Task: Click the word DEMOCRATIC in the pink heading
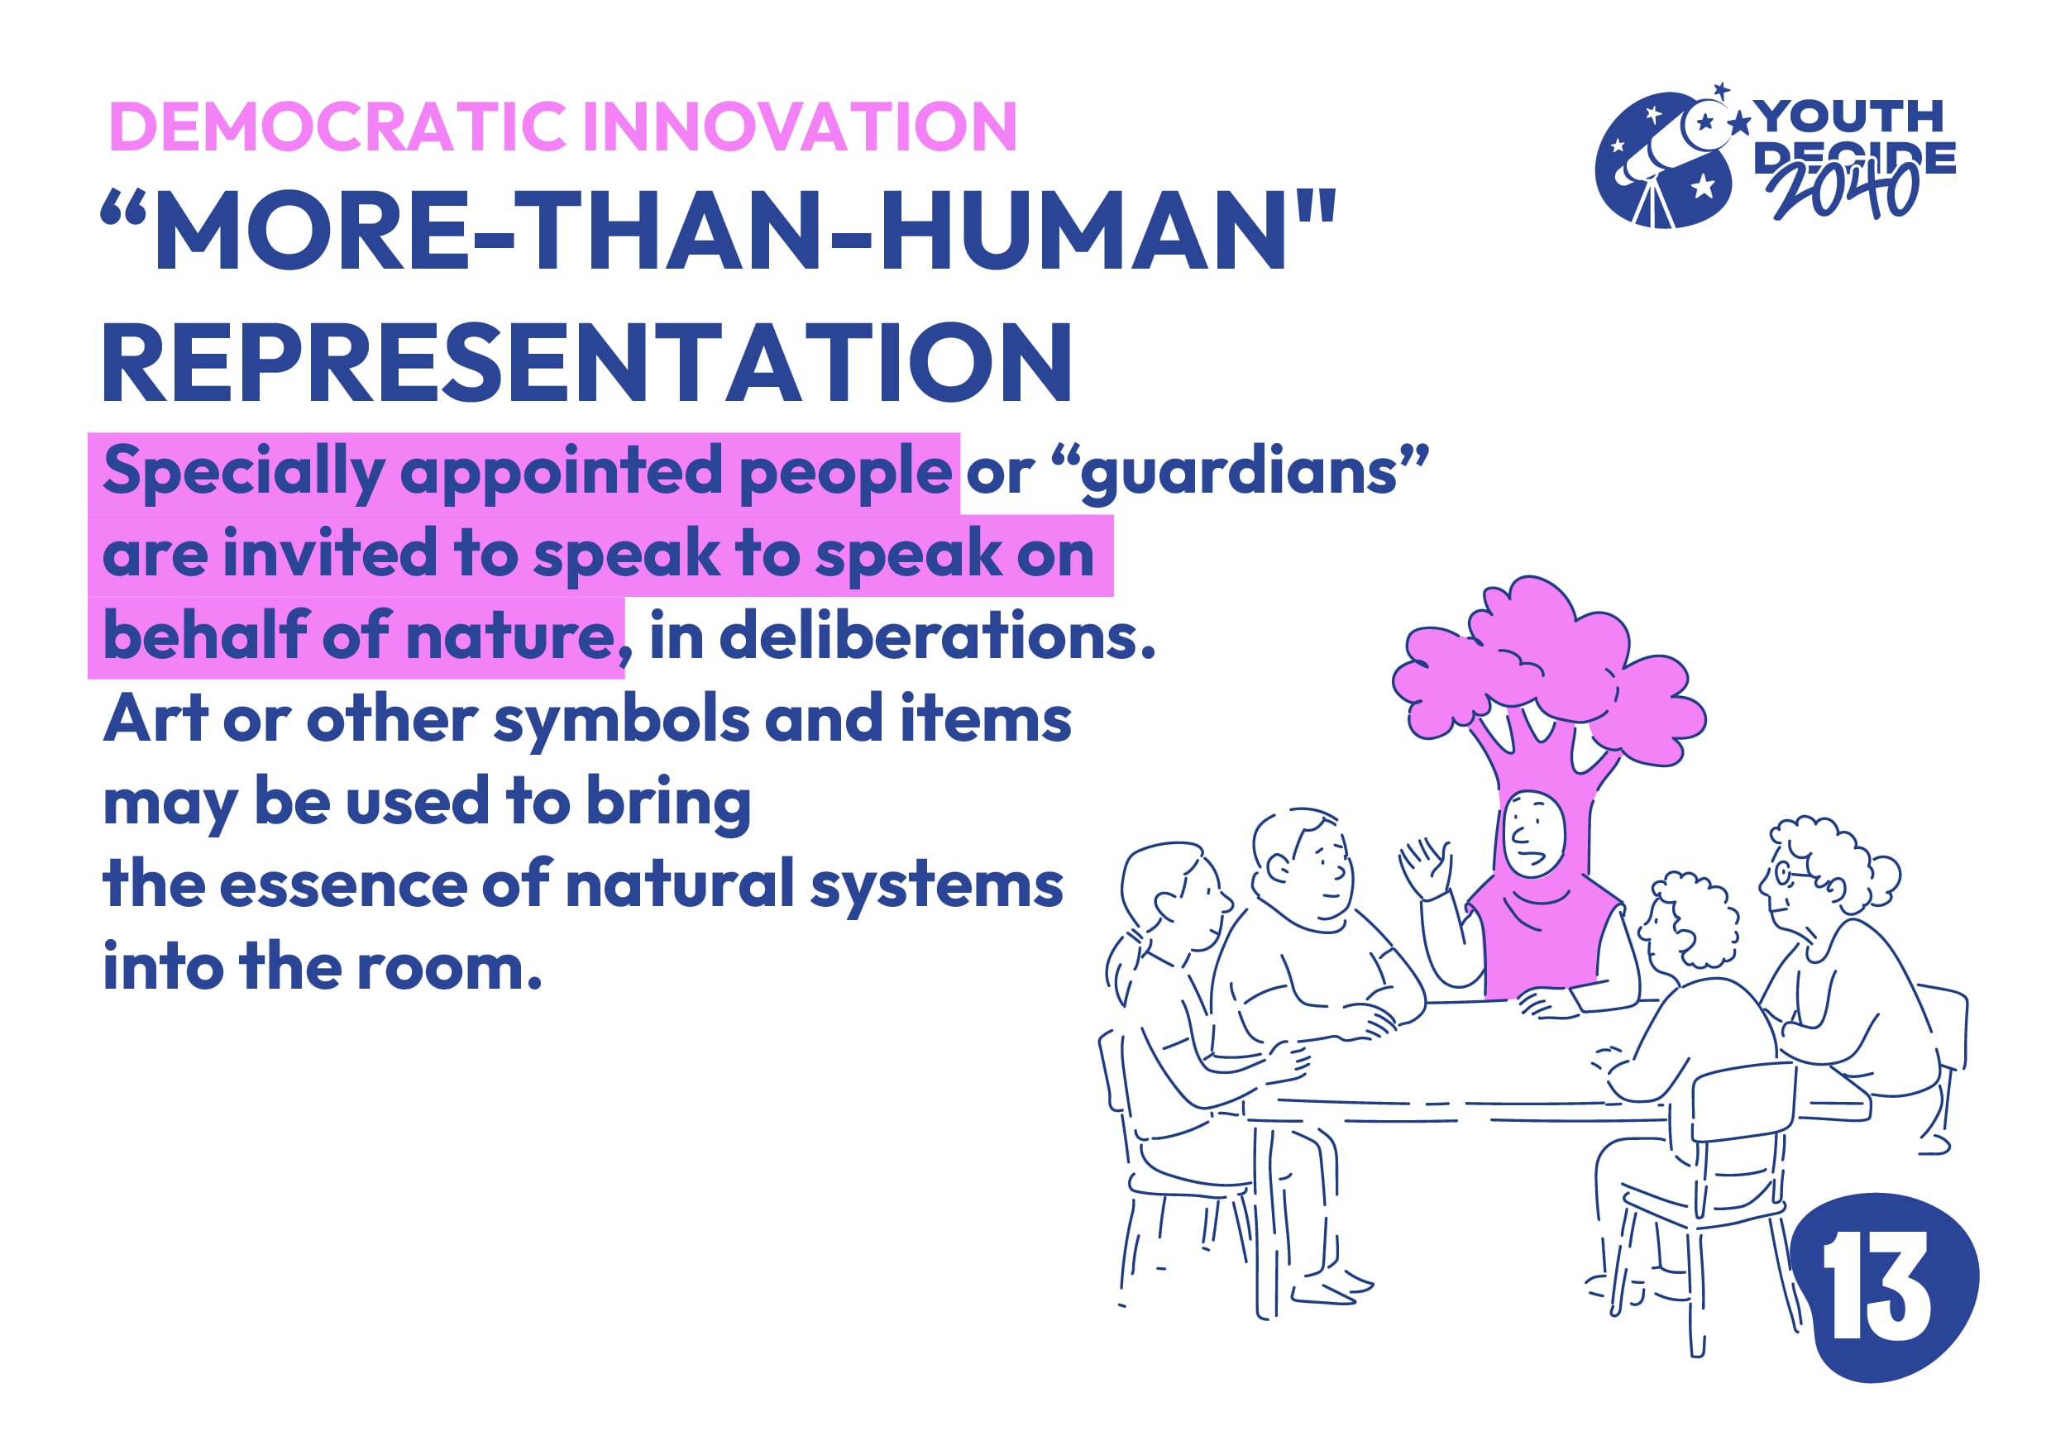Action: (337, 126)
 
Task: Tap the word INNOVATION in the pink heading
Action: (801, 126)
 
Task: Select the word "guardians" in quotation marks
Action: (1241, 473)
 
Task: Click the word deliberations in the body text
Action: (938, 636)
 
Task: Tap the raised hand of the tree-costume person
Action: (1426, 867)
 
